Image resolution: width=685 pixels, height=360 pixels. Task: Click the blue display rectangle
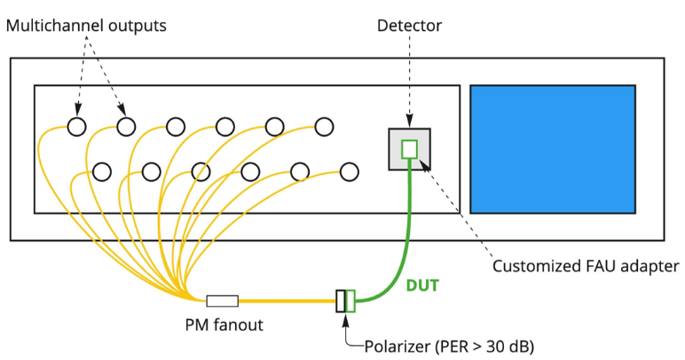click(552, 149)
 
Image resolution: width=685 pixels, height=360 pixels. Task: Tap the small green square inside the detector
click(409, 149)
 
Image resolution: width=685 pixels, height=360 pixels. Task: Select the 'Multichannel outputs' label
click(86, 27)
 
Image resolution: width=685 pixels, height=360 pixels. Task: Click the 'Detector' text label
click(408, 27)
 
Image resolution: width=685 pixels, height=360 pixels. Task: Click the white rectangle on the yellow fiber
click(222, 301)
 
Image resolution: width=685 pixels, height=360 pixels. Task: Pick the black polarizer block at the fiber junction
click(340, 301)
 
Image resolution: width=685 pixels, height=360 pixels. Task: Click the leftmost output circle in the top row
click(77, 127)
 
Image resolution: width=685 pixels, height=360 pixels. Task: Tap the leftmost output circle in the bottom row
click(101, 170)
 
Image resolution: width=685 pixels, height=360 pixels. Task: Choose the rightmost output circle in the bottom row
click(349, 170)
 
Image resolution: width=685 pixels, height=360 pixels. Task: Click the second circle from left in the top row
click(126, 127)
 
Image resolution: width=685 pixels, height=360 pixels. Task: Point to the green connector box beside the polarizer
click(350, 301)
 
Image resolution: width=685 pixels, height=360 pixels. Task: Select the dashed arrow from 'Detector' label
click(408, 80)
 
